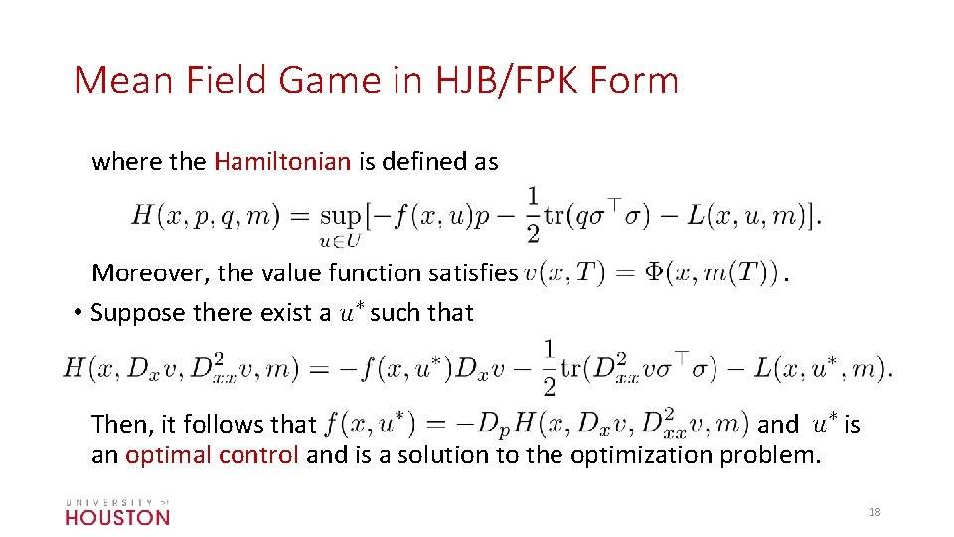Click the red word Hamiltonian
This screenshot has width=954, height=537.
(x=282, y=162)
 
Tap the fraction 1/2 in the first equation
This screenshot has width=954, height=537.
(x=534, y=214)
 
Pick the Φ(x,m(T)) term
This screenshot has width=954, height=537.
(x=711, y=272)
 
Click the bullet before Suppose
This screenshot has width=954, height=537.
(x=77, y=313)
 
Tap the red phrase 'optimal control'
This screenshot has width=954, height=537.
(x=212, y=455)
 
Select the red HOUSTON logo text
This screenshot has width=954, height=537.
(x=117, y=517)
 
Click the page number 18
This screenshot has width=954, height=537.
(x=874, y=512)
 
